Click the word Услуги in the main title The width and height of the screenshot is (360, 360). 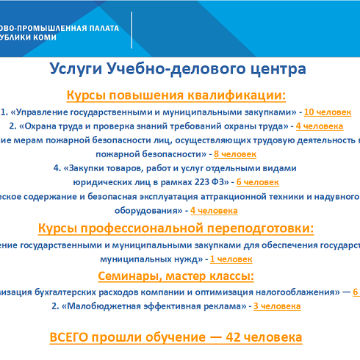click(x=79, y=70)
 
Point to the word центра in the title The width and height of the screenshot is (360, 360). click(x=276, y=70)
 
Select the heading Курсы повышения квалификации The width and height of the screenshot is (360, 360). click(x=176, y=96)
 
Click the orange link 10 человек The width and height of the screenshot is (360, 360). click(x=328, y=112)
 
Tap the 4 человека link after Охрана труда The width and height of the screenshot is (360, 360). click(x=319, y=126)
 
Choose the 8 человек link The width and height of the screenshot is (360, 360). click(x=235, y=154)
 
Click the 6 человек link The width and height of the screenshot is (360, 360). click(x=257, y=182)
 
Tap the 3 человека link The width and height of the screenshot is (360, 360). click(x=277, y=306)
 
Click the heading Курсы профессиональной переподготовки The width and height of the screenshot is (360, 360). click(x=176, y=228)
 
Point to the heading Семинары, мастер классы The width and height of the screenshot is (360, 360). click(x=176, y=276)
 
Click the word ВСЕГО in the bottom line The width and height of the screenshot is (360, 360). click(x=74, y=337)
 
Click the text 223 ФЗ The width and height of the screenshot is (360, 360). click(x=205, y=182)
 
